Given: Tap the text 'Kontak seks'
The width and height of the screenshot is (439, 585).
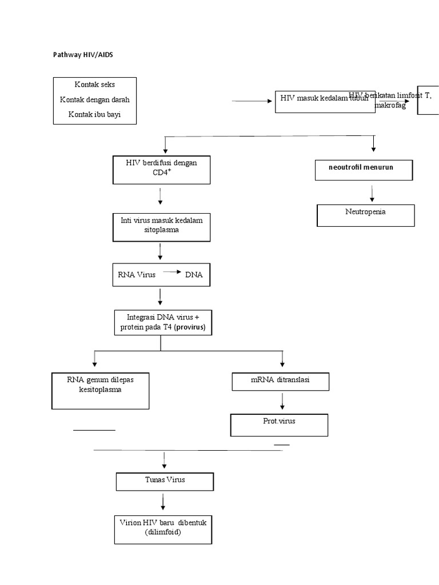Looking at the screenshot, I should tap(95, 85).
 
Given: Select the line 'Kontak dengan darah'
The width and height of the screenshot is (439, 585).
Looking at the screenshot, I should tap(95, 99).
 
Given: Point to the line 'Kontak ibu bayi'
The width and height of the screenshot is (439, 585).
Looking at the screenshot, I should tap(95, 114).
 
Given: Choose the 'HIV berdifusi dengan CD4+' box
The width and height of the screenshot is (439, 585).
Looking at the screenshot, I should tap(161, 170).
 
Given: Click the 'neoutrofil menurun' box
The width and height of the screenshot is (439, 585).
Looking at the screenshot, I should tap(362, 170).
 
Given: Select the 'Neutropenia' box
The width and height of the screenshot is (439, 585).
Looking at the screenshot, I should tap(365, 215).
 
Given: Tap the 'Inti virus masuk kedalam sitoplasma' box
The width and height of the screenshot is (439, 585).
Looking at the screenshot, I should tap(161, 226).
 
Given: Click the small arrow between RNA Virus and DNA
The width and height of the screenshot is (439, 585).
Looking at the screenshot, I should tap(173, 272).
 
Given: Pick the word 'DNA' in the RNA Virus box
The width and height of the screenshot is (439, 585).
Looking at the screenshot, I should tap(194, 275).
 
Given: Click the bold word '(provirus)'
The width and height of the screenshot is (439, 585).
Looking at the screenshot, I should tap(190, 327).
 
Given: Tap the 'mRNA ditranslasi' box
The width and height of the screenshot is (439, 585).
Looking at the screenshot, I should tap(280, 381).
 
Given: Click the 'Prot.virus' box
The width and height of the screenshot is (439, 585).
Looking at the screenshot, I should tap(279, 424).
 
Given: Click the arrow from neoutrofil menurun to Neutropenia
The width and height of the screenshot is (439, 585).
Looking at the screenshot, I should tap(373, 193).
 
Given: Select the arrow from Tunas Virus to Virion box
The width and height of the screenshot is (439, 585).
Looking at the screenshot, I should tap(163, 502).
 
